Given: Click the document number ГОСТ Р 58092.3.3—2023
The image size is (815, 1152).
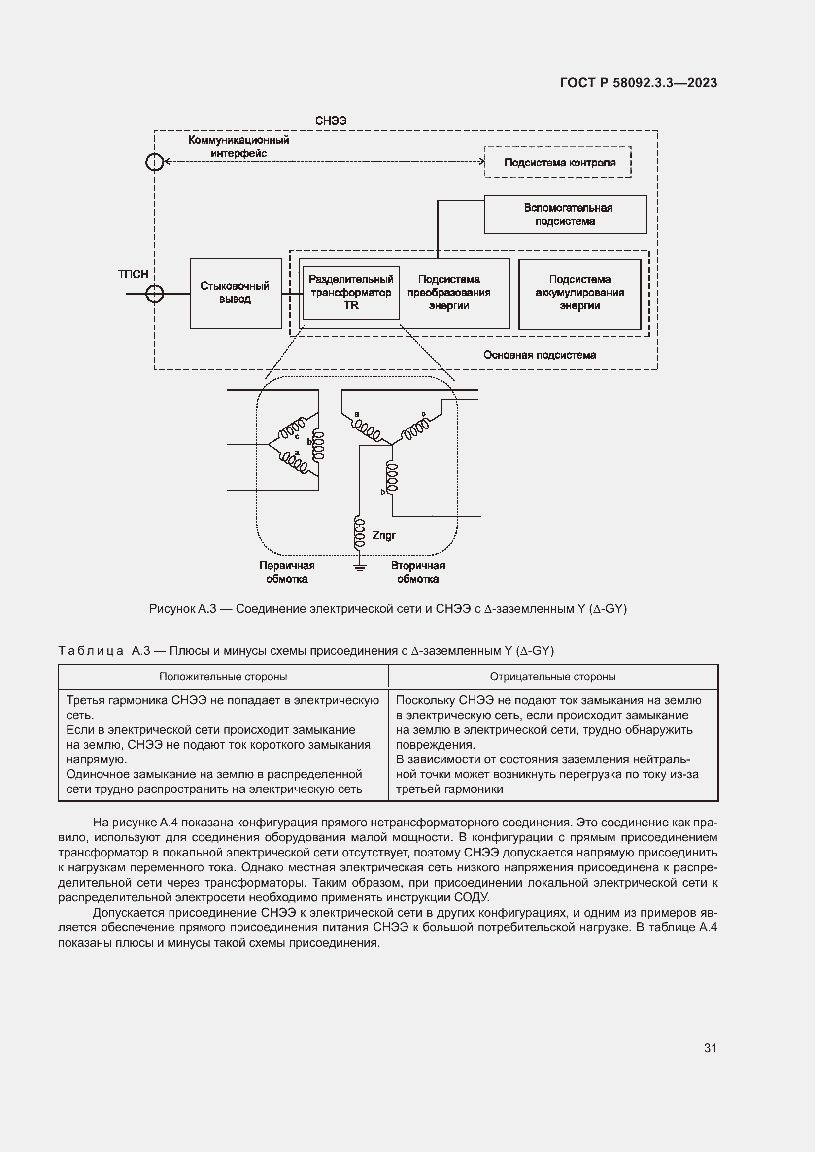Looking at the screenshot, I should (638, 83).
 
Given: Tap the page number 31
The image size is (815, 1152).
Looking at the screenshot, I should (710, 1048).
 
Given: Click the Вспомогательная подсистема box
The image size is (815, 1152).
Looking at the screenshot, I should (565, 215).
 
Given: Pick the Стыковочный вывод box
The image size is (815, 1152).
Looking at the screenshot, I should (236, 293).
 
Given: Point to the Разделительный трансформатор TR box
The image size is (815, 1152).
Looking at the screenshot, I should (351, 293).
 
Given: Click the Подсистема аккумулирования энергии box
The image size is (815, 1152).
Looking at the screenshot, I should (579, 293).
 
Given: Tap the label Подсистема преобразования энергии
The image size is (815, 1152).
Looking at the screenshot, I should (449, 293).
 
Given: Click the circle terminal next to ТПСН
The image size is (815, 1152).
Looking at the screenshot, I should (155, 294).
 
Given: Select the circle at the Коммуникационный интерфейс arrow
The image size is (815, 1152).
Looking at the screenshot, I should (155, 162).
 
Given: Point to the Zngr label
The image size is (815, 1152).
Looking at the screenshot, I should (384, 535).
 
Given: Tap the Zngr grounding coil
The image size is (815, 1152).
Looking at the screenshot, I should (359, 533).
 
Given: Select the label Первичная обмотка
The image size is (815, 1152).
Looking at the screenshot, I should (287, 572).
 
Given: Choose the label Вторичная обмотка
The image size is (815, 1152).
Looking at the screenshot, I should (418, 572).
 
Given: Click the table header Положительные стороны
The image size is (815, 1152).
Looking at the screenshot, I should (223, 676).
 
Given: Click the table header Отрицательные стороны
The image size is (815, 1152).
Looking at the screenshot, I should (552, 676).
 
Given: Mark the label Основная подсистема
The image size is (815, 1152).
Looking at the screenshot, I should (540, 355).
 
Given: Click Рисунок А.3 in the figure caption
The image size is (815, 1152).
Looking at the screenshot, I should (182, 609).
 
